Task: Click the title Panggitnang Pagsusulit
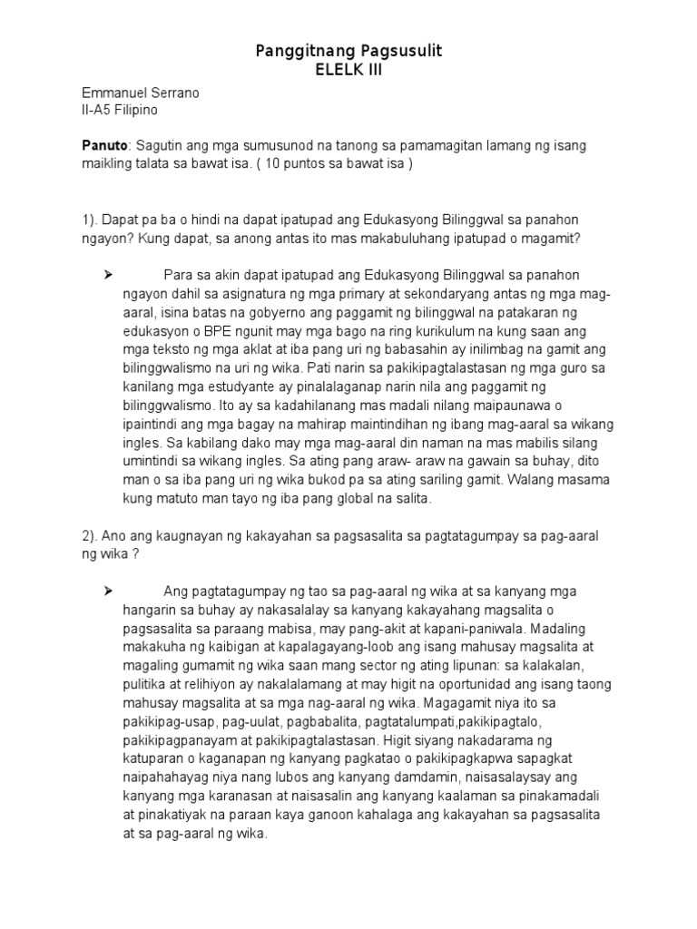pyautogui.click(x=348, y=52)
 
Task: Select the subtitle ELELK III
pyautogui.click(x=348, y=70)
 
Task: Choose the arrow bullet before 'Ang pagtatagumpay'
pyautogui.click(x=108, y=591)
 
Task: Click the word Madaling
pyautogui.click(x=567, y=626)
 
